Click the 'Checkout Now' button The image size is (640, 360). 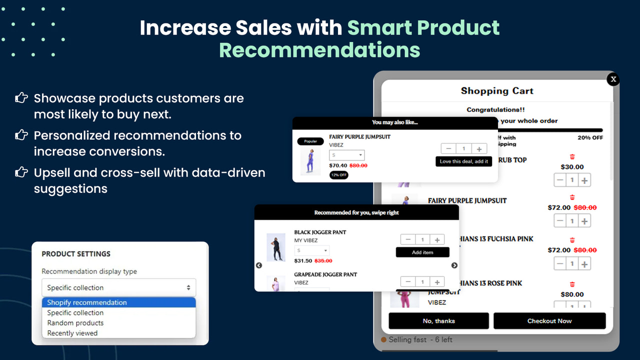pos(549,321)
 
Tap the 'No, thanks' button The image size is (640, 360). pos(438,321)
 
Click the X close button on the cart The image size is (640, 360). pos(613,79)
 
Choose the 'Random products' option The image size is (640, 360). pos(75,323)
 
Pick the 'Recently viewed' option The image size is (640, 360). pos(72,333)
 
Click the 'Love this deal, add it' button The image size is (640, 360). pos(463,161)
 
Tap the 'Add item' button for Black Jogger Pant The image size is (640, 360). pos(422,252)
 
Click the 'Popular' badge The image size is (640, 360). pos(310,141)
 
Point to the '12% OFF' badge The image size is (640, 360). pos(339,175)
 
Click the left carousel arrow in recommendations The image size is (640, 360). pos(259,265)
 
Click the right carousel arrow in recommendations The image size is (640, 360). pos(454,265)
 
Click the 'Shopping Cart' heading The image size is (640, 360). pos(497,91)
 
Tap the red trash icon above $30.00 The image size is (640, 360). pos(572,157)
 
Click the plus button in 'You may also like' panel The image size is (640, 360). pos(479,149)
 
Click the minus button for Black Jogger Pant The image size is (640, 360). pos(408,240)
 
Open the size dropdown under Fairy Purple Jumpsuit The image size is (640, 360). pos(346,155)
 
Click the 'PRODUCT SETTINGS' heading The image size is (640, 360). pos(76,254)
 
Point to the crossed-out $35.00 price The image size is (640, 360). pos(323,260)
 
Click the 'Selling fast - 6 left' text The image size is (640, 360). pos(420,339)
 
